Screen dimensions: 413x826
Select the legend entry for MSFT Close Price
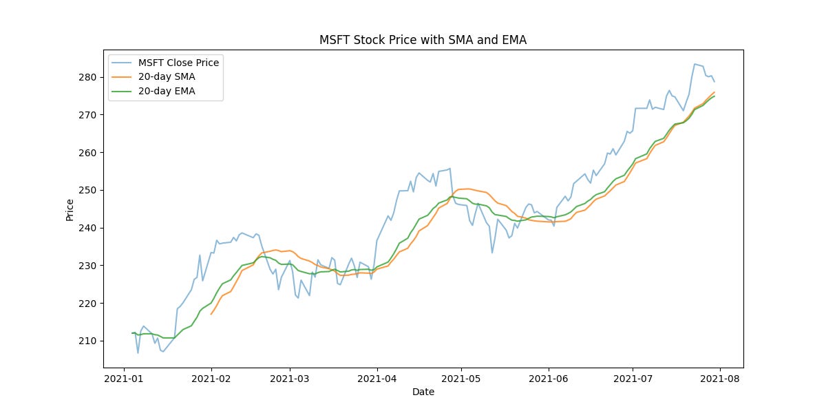point(178,63)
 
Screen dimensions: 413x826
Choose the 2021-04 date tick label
point(377,378)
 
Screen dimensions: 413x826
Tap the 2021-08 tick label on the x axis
point(720,378)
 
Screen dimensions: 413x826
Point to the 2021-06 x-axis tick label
point(549,378)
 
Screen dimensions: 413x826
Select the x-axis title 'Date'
point(423,392)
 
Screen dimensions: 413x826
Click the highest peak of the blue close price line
point(695,64)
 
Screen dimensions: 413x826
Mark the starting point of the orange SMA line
point(211,314)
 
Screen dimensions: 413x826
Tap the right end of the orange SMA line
point(714,92)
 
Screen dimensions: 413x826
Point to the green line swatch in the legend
point(123,91)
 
